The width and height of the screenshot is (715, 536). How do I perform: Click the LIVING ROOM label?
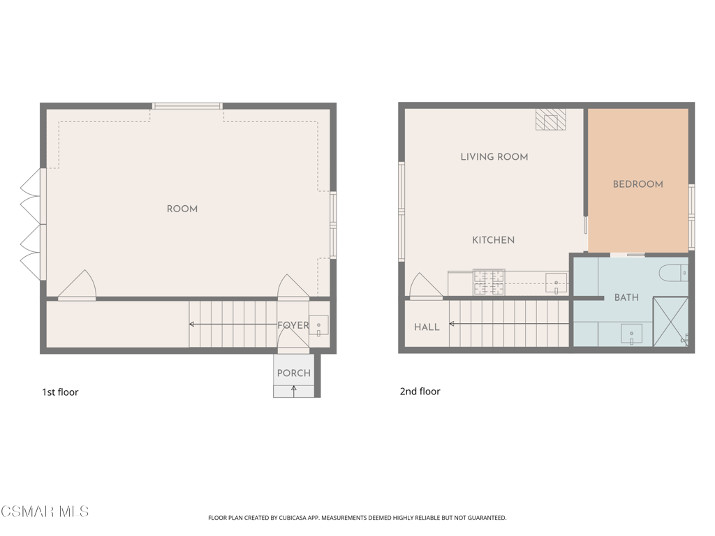494,157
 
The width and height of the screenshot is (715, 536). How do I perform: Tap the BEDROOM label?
638,184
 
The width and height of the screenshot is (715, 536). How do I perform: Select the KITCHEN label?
494,240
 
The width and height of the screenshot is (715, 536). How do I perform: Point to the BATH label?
626,297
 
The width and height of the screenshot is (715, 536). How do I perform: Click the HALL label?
427,327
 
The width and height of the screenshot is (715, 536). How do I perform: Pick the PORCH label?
294,373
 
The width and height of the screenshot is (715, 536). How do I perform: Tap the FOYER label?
293,325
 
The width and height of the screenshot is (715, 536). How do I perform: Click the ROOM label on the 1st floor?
182,209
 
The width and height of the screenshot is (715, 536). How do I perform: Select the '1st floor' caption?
60,392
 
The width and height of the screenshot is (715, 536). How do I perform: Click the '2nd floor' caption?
420,391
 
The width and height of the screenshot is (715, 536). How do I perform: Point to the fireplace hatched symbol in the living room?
550,119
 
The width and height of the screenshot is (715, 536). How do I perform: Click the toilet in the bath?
674,273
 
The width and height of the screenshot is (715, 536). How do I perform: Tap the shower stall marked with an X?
670,322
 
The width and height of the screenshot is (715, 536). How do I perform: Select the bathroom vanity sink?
631,334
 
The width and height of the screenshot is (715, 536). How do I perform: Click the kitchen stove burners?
489,282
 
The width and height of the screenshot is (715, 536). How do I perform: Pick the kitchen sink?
556,283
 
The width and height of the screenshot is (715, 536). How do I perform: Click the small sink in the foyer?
318,325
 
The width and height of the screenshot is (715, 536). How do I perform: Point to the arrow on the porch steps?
294,392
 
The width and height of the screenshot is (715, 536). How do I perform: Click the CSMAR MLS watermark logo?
45,512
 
